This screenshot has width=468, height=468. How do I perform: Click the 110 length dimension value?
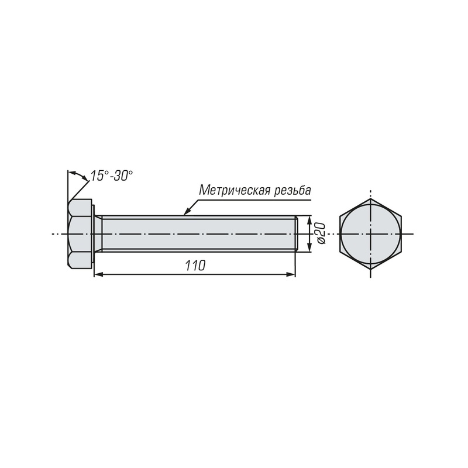click(x=195, y=266)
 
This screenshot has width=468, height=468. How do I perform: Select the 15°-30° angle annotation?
click(x=111, y=176)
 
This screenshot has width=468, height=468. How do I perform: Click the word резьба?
click(x=292, y=191)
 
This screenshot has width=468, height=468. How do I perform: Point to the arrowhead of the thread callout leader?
click(x=186, y=212)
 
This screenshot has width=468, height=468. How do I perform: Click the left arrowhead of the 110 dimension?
click(x=98, y=274)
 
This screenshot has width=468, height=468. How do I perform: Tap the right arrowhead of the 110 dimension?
click(x=291, y=274)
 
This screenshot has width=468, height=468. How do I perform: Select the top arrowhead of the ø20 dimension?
click(x=309, y=220)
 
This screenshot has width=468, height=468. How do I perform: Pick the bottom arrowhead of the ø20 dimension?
click(x=309, y=247)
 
